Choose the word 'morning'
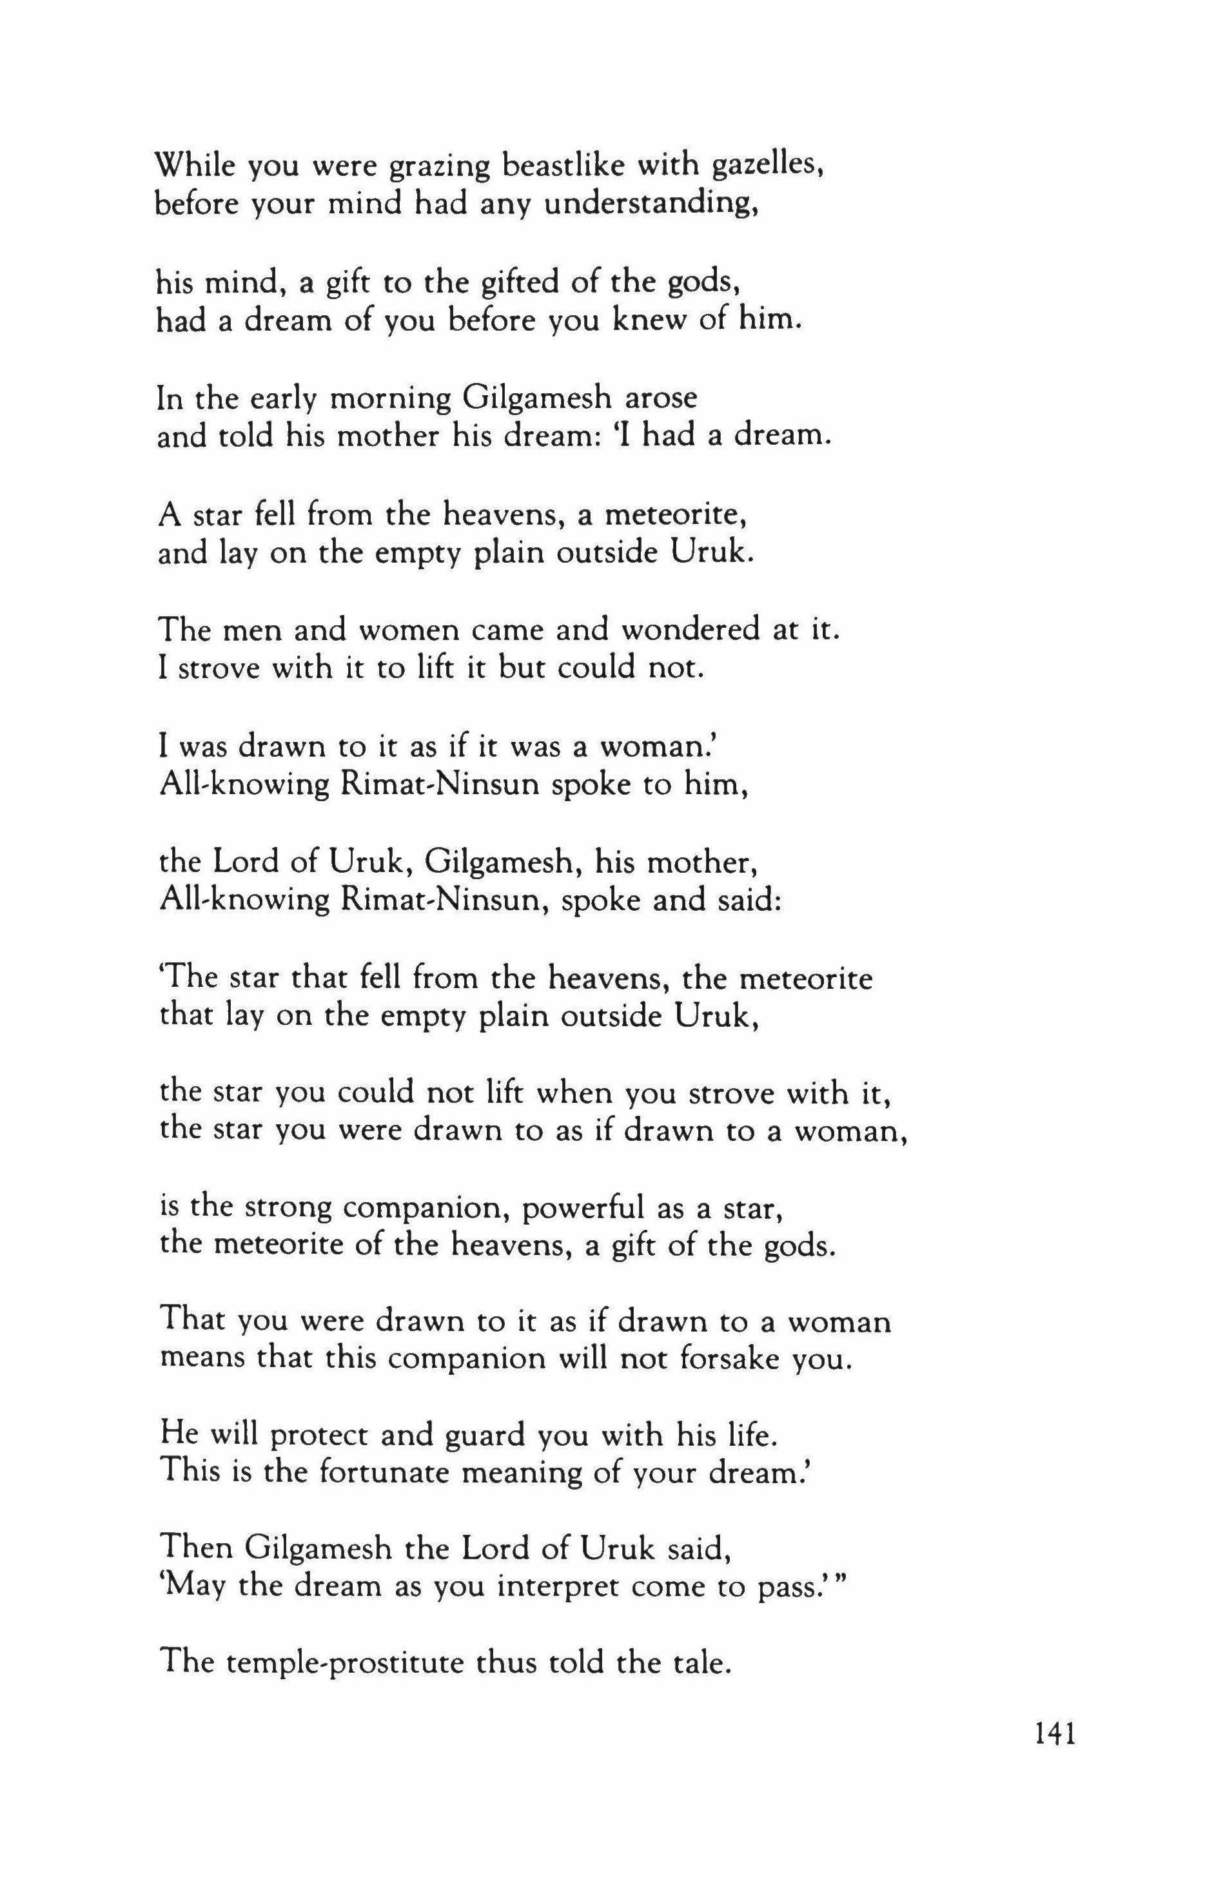coord(388,399)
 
